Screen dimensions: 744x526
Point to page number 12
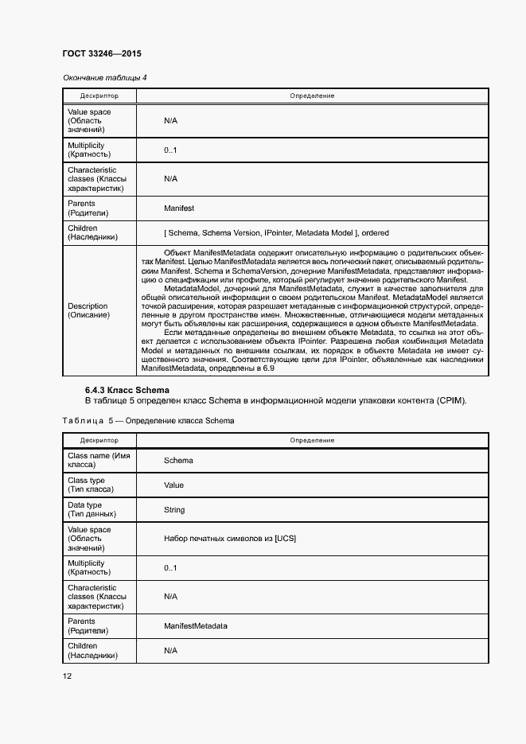point(68,676)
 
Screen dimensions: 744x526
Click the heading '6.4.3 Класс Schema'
point(127,390)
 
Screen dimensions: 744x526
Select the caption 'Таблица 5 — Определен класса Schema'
point(148,420)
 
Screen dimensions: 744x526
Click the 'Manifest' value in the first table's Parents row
point(179,208)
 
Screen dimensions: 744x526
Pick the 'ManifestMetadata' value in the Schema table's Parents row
point(196,626)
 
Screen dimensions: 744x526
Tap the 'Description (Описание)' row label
point(88,310)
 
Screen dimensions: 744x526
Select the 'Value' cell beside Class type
point(173,485)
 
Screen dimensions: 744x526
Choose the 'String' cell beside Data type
point(174,510)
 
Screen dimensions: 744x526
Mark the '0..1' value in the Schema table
point(170,567)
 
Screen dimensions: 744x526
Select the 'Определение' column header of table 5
point(312,440)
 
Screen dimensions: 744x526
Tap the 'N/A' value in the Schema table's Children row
point(170,651)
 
